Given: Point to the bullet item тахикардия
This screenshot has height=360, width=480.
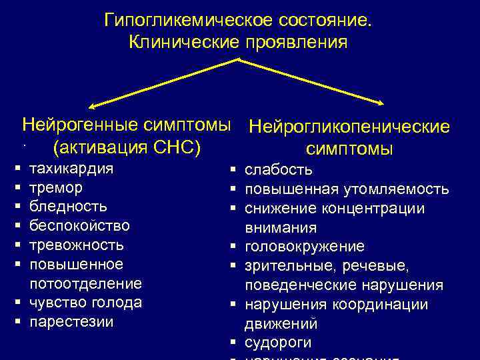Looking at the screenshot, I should [x=72, y=168].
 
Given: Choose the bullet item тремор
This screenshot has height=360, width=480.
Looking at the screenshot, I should [x=57, y=187].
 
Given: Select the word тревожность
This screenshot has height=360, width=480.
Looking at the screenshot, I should [x=77, y=245].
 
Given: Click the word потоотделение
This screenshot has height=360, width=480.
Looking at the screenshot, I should [x=86, y=284].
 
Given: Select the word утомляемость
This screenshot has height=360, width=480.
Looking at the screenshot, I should [x=397, y=189].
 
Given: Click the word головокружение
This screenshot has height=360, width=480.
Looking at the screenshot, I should [x=305, y=247].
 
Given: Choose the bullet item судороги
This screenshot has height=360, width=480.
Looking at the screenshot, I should [x=278, y=343].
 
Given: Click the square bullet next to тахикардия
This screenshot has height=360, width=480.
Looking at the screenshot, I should [x=15, y=169].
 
